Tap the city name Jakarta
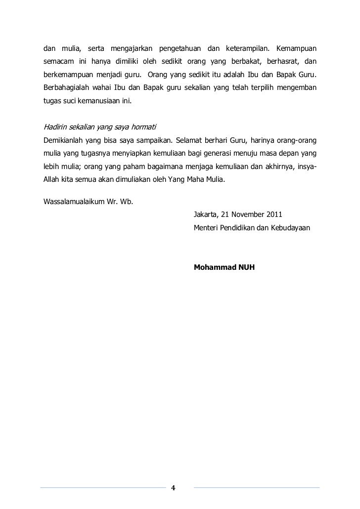coord(206,215)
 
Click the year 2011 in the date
coord(274,215)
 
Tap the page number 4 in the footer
coord(173,488)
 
